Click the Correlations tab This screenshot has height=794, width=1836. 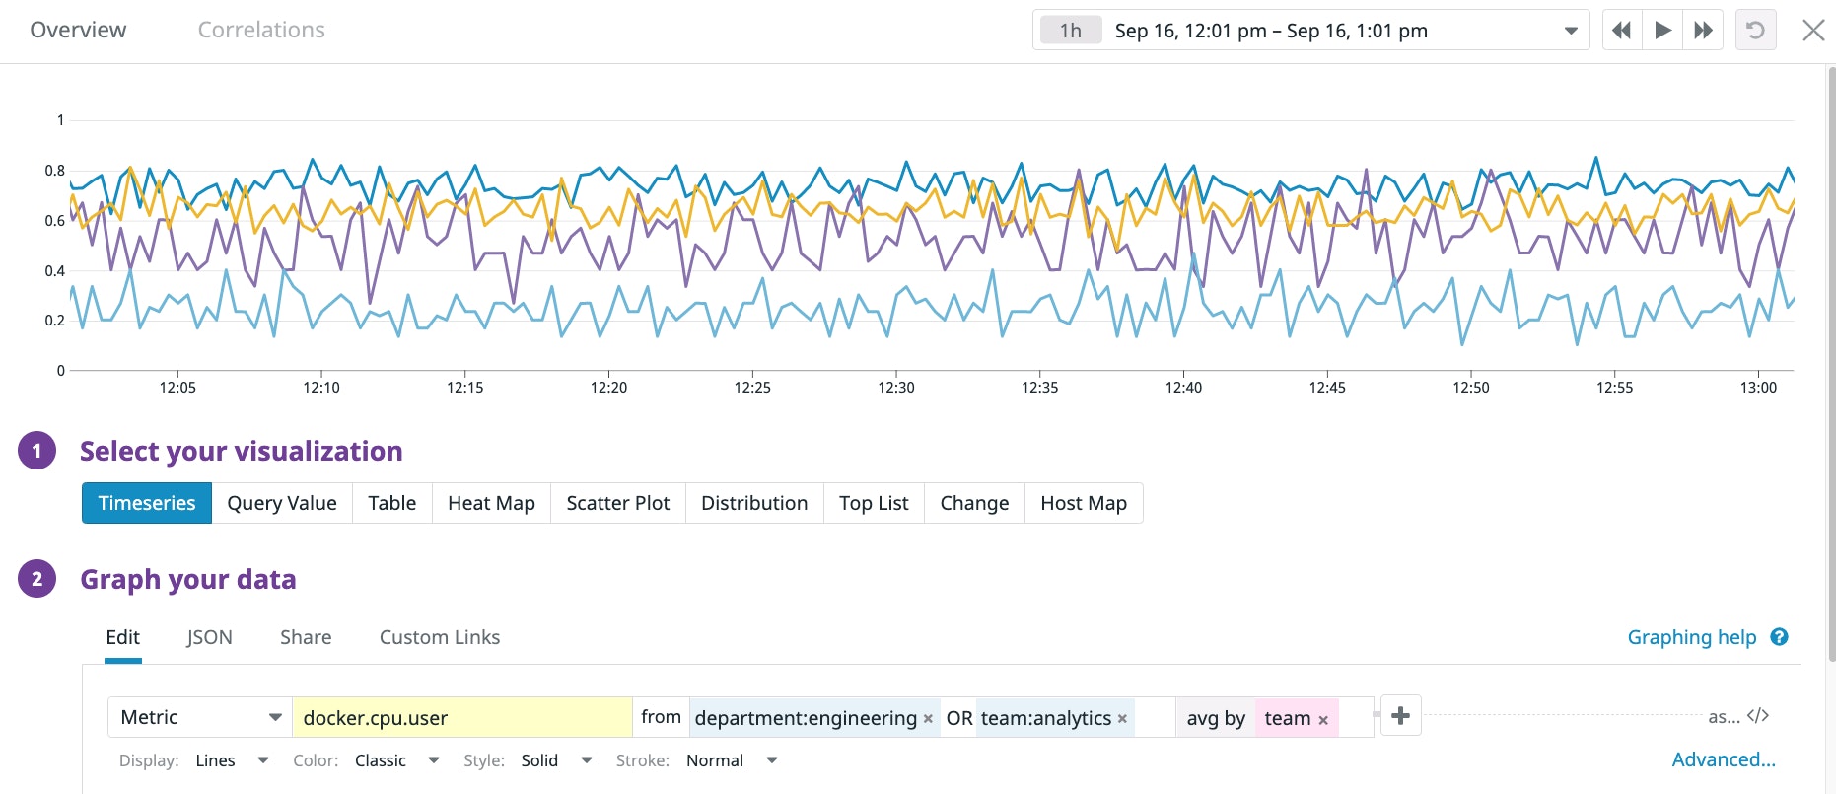(261, 30)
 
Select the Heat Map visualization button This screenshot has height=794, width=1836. (491, 503)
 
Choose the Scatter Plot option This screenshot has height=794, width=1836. (617, 503)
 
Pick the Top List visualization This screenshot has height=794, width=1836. (874, 503)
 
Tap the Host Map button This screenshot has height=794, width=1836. (1084, 503)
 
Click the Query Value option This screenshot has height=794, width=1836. (282, 503)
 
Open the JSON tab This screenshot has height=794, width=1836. (209, 637)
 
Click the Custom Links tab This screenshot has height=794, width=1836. (440, 637)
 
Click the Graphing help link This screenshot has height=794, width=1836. (1692, 637)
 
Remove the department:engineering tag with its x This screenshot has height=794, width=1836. (928, 719)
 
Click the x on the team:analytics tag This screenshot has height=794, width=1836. (1122, 719)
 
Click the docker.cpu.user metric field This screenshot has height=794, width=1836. (461, 718)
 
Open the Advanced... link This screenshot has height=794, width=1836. (1723, 759)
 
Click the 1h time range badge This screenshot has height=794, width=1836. (1071, 31)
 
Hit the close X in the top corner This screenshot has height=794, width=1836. (1813, 30)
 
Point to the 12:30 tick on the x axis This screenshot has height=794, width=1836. (896, 387)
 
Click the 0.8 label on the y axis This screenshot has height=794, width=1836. (55, 170)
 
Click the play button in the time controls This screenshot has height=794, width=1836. (1662, 30)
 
